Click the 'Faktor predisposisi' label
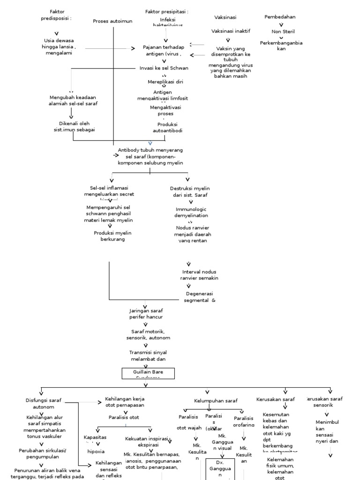coord(56,15)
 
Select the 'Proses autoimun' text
coord(113,21)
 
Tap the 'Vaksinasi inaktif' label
coord(231,31)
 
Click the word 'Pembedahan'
coord(280,17)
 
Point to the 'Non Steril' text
coord(283,32)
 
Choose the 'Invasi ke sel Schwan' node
coord(164,68)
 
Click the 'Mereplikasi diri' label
coord(165,82)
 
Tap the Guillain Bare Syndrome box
coord(148,374)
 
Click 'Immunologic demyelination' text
coord(191,212)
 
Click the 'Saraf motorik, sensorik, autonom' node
coord(148,335)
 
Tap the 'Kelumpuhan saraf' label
coord(216,401)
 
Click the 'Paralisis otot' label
coord(124,417)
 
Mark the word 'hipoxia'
coord(96,451)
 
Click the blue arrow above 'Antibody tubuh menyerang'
coord(150,142)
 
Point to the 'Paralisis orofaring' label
coord(243,421)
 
